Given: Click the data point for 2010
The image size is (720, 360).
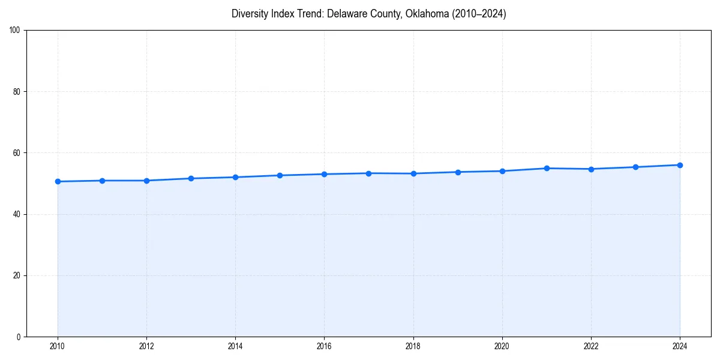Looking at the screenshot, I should pyautogui.click(x=58, y=181).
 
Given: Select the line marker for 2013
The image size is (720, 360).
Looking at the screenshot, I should pyautogui.click(x=191, y=178).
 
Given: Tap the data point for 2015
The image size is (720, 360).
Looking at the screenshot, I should pyautogui.click(x=280, y=175).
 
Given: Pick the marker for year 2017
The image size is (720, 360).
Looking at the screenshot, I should pyautogui.click(x=368, y=173).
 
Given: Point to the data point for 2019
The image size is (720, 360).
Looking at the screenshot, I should pyautogui.click(x=458, y=172).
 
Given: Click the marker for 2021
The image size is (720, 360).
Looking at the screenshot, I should pyautogui.click(x=547, y=168).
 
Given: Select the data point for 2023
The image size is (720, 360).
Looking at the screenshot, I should pyautogui.click(x=635, y=167).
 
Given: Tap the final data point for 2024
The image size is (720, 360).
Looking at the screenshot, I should pyautogui.click(x=680, y=165).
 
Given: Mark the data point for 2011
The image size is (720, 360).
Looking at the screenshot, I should pyautogui.click(x=102, y=181).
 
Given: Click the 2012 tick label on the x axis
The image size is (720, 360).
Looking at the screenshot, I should pyautogui.click(x=146, y=346).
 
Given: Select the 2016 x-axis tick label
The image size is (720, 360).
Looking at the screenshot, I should pyautogui.click(x=324, y=346).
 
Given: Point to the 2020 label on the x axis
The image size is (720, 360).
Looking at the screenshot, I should pyautogui.click(x=502, y=346).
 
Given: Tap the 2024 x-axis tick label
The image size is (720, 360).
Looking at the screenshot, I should pyautogui.click(x=680, y=346).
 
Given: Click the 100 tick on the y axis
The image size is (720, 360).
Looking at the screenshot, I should pyautogui.click(x=15, y=31).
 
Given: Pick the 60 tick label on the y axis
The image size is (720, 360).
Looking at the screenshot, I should pyautogui.click(x=17, y=153).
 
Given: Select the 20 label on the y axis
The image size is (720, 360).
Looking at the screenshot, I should pyautogui.click(x=17, y=275).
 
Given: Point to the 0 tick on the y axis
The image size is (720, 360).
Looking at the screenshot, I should pyautogui.click(x=19, y=337).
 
